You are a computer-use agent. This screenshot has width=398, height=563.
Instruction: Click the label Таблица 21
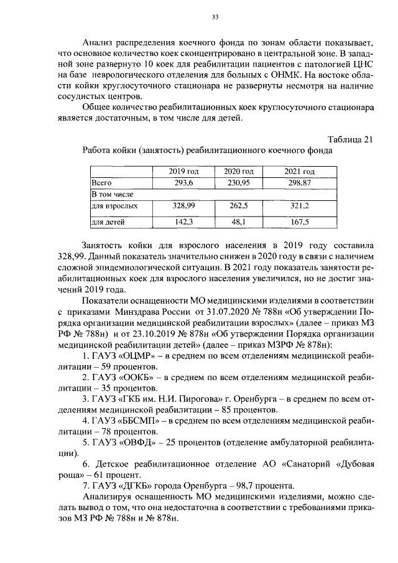[350, 139]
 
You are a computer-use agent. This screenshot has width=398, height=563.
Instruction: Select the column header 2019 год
[184, 172]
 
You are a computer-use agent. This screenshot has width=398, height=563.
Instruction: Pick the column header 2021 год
[300, 172]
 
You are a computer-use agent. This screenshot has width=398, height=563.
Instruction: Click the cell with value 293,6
[184, 183]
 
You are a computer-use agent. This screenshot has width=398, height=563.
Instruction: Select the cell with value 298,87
[300, 183]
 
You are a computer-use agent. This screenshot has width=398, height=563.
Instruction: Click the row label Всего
[101, 183]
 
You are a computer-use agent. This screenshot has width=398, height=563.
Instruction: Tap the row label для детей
[108, 221]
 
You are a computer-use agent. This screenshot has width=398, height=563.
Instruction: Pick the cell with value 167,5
[300, 221]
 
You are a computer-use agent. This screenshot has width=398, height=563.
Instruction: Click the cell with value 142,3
[184, 221]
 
